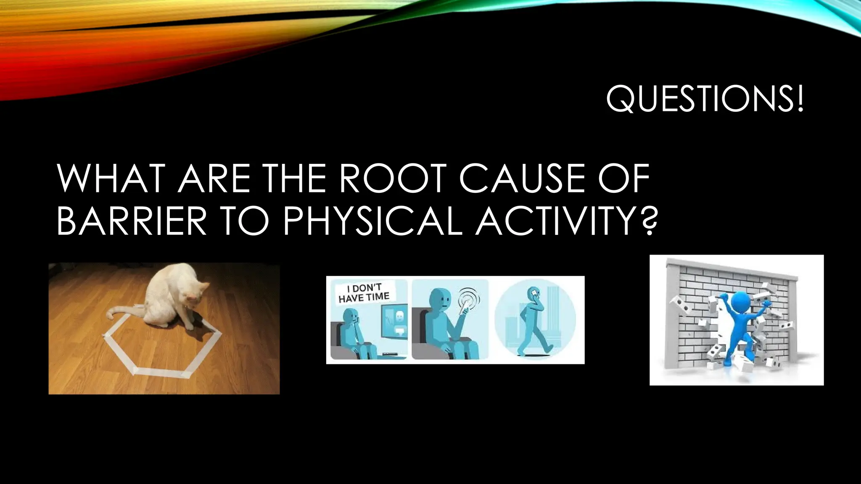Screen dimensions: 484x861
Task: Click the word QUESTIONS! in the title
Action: (x=705, y=99)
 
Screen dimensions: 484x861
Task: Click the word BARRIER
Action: (x=131, y=221)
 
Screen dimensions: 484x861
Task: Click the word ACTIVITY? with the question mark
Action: (x=566, y=221)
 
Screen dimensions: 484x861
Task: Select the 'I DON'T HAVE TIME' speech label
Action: (x=364, y=293)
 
